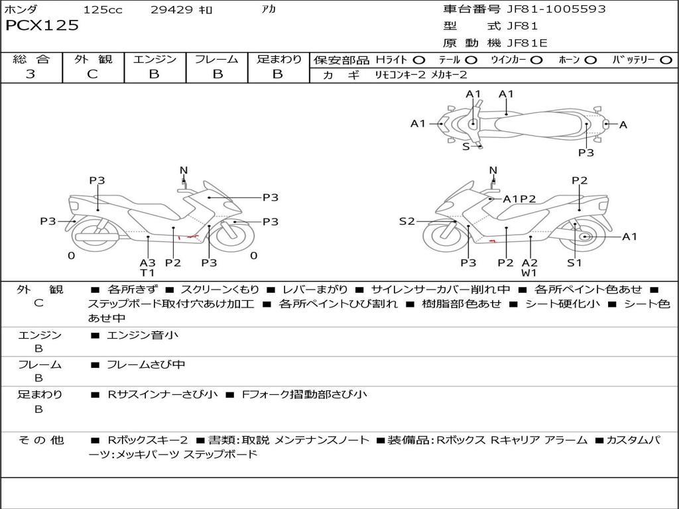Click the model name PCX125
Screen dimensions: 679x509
click(x=42, y=26)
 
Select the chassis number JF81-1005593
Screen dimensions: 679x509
click(x=546, y=9)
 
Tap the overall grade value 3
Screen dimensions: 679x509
click(x=31, y=74)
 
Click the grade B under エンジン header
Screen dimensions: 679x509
click(x=154, y=74)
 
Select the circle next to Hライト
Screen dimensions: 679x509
click(x=418, y=60)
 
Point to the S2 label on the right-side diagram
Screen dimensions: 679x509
click(x=406, y=221)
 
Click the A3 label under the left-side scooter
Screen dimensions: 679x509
click(x=147, y=262)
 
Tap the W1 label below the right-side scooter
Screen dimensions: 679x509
click(x=529, y=272)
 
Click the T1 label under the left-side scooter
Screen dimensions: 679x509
click(x=147, y=272)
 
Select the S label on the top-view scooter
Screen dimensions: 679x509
click(x=465, y=146)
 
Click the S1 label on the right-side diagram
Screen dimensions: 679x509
click(x=574, y=262)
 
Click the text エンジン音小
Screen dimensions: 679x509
click(x=143, y=335)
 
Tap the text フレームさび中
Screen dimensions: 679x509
click(x=146, y=365)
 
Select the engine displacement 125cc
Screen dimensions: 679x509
click(x=103, y=10)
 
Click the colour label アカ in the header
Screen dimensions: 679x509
click(x=269, y=10)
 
